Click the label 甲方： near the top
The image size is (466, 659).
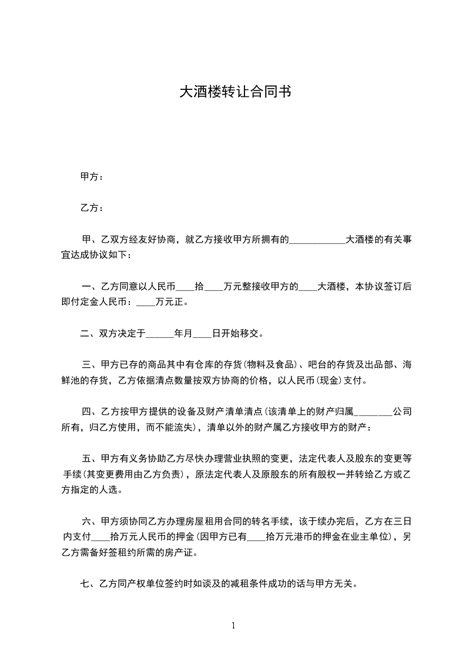coord(92,177)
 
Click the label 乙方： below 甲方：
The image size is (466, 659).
coord(92,208)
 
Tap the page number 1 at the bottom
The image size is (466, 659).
coord(233,626)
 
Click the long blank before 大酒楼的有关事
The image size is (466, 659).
coord(317,240)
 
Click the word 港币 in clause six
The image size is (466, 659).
coord(313,536)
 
